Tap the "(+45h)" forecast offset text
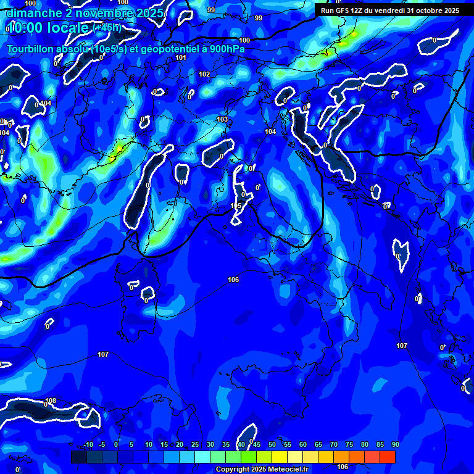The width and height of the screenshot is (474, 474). click(x=107, y=28)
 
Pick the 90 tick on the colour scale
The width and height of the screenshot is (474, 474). click(x=395, y=444)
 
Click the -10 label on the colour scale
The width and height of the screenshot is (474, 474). click(x=88, y=444)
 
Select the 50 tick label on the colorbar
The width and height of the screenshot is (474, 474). click(x=272, y=444)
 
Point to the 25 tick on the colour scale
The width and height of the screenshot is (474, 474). click(x=195, y=444)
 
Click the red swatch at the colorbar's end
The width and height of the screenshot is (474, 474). click(x=388, y=457)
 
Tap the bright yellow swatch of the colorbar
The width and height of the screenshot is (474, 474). click(x=280, y=457)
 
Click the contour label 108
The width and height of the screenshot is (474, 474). click(x=51, y=401)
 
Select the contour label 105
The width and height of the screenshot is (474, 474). click(x=236, y=206)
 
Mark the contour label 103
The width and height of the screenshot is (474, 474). click(x=222, y=119)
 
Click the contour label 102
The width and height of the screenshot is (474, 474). click(x=204, y=74)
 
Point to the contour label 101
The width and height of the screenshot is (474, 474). click(x=181, y=57)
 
